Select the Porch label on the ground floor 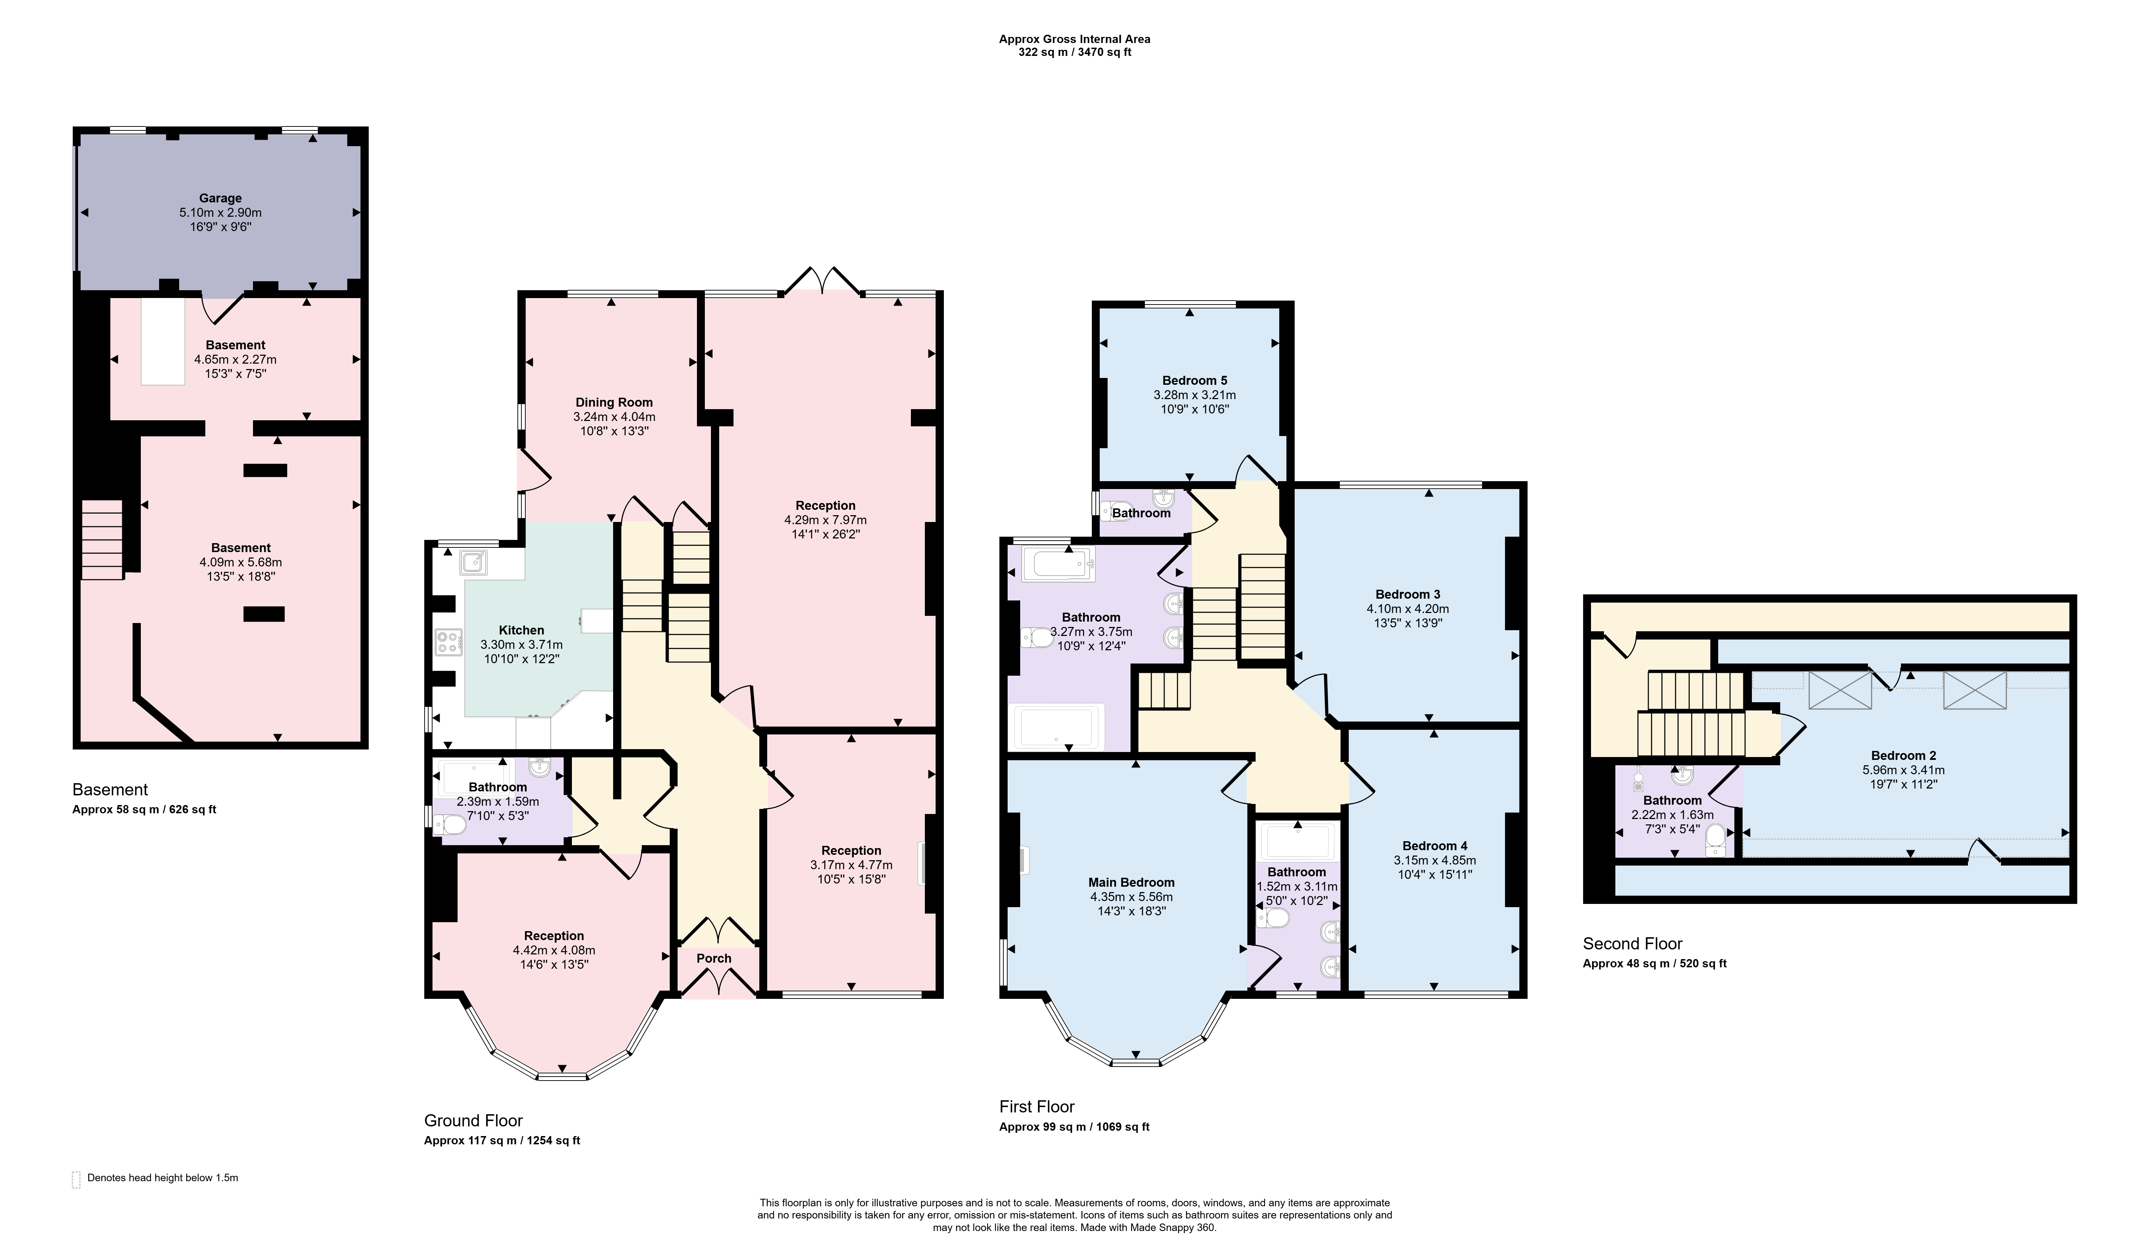click(714, 958)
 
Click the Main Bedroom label click(1131, 882)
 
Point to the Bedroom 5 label click(1194, 380)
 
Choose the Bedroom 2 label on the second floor click(1903, 755)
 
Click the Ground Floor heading click(473, 1120)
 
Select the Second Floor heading click(1632, 944)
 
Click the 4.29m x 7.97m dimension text click(825, 519)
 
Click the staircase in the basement click(102, 539)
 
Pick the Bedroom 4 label click(1434, 846)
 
